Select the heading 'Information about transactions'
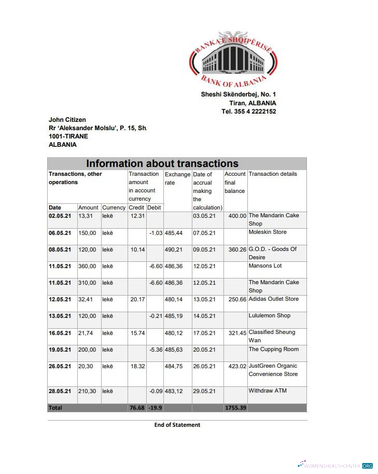click(x=162, y=163)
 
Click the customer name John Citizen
click(x=67, y=120)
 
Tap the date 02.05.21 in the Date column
click(x=60, y=216)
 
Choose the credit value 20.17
click(x=137, y=299)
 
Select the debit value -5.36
click(x=156, y=350)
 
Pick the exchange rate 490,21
click(x=173, y=249)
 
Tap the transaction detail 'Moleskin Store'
click(x=268, y=232)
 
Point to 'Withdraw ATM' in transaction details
click(x=268, y=391)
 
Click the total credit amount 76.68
click(x=137, y=408)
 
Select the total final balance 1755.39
click(x=235, y=408)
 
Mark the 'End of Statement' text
click(x=177, y=425)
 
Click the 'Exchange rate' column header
click(x=177, y=178)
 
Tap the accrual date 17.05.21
click(x=204, y=333)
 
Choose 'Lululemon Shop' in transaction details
click(x=270, y=316)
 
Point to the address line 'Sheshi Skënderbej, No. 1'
click(x=239, y=94)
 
